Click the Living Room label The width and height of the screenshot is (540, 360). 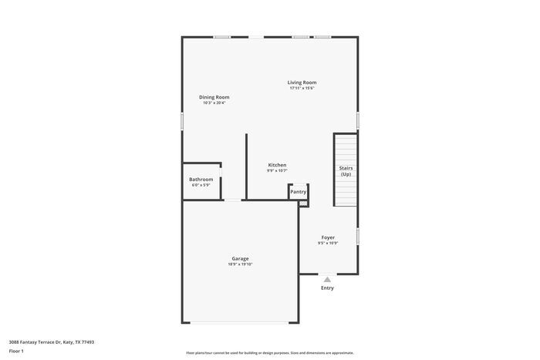coord(302,82)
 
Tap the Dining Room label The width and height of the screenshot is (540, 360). coord(214,97)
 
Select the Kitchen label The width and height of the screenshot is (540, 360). coord(277,165)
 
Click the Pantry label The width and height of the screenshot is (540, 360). coord(299,191)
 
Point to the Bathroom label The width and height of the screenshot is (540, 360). coord(201,179)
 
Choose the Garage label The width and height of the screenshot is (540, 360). coord(240,258)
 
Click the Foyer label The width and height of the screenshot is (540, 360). coord(328,237)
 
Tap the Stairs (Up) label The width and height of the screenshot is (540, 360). coord(346,171)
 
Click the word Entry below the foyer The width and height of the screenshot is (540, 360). coord(327,288)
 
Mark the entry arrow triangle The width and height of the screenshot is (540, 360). coord(327,280)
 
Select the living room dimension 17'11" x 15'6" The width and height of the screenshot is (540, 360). coord(302,89)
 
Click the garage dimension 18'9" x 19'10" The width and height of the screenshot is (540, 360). coord(240,264)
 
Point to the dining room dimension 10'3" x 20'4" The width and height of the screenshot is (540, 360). coord(214,103)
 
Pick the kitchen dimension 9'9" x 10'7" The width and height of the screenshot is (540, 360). coord(277,171)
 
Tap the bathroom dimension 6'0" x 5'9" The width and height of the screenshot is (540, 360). coord(201,185)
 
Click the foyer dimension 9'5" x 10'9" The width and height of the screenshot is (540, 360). coord(328,244)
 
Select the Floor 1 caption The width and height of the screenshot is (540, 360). coord(16,351)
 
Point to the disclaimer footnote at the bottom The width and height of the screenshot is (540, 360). coord(270,352)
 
